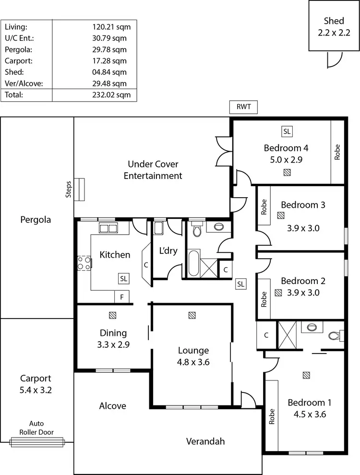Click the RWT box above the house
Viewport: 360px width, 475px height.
[244, 107]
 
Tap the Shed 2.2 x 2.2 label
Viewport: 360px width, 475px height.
[334, 26]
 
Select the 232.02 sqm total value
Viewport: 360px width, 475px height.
[111, 95]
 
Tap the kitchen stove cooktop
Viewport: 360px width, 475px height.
[84, 263]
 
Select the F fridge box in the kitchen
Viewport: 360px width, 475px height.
[122, 297]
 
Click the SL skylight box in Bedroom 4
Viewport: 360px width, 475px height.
[287, 131]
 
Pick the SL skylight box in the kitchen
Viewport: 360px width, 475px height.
[123, 278]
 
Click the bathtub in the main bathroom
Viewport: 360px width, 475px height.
[193, 262]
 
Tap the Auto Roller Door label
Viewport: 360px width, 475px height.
[36, 427]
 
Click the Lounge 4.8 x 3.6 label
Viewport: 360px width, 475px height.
[193, 356]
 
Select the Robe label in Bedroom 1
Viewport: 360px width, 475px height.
[272, 415]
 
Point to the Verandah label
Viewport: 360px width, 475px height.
[205, 441]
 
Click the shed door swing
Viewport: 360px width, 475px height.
[334, 59]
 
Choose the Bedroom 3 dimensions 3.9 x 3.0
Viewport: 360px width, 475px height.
[303, 228]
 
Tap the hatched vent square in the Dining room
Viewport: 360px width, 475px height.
[113, 315]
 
